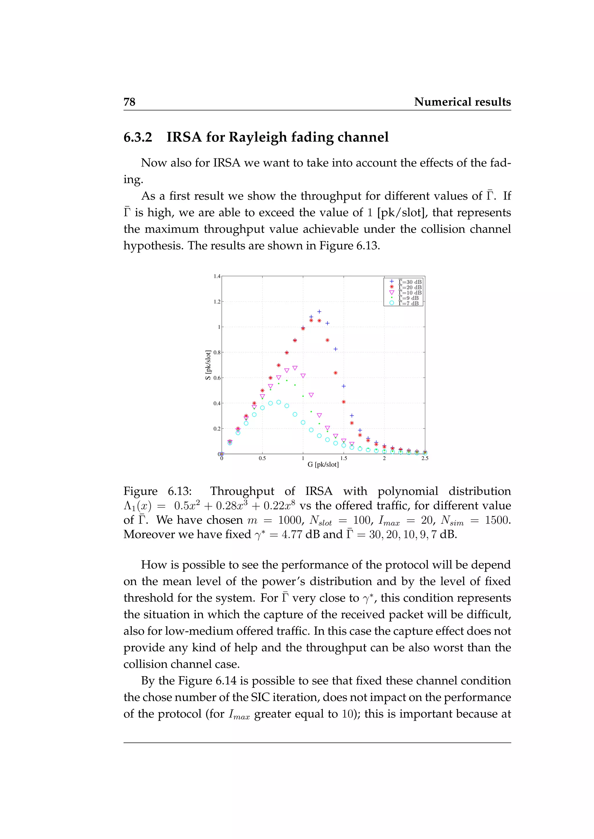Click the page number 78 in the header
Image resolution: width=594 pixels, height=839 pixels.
coord(129,102)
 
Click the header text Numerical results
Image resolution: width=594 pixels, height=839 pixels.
coord(462,102)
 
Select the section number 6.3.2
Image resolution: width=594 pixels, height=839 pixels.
coord(138,137)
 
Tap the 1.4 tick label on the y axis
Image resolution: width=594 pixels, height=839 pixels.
coord(217,276)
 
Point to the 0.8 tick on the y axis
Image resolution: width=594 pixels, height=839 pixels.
coord(217,353)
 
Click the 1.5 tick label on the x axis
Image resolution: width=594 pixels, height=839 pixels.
coord(343,458)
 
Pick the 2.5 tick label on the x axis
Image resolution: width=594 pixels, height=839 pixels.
coord(425,458)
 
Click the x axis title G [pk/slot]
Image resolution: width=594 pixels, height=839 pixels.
coord(323,464)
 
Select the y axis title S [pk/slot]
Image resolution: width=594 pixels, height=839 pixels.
coord(208,365)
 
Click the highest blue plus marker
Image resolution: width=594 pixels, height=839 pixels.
coord(319,312)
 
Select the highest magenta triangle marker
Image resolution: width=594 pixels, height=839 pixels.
coord(295,368)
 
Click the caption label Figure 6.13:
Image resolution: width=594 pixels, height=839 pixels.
coord(157,491)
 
